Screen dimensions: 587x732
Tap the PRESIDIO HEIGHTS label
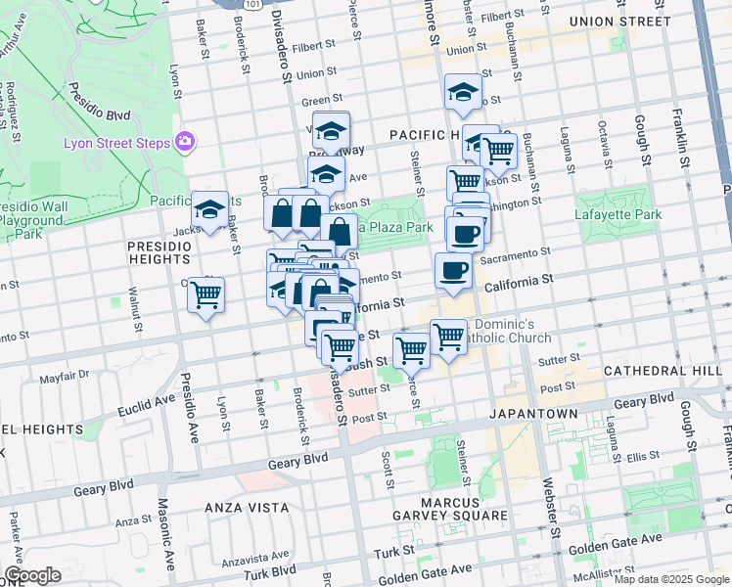(158, 252)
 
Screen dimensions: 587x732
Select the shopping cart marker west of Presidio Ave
(206, 294)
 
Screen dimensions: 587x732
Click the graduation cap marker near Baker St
(209, 209)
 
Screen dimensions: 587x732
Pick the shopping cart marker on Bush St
(412, 349)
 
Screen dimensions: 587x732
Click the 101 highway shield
(253, 4)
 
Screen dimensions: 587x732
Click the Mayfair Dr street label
(65, 375)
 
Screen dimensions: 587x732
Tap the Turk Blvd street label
(269, 571)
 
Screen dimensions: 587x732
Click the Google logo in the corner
(32, 575)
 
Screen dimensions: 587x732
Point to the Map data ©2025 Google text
(670, 579)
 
